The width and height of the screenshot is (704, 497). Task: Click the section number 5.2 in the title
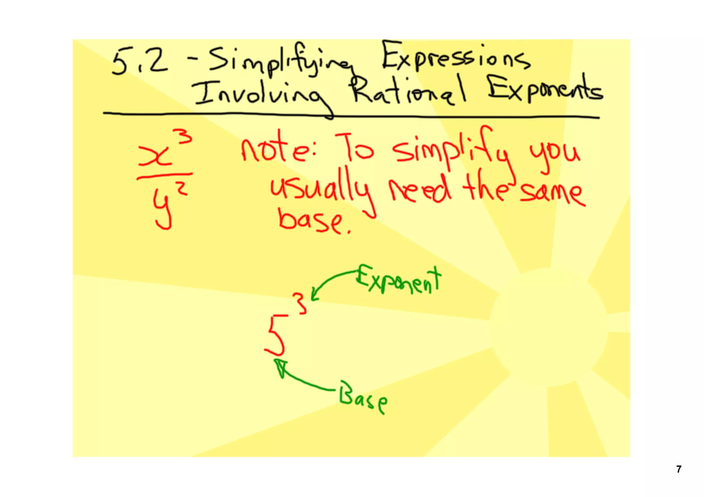(x=139, y=62)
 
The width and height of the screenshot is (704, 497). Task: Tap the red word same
(x=552, y=194)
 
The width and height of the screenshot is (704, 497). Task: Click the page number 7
(x=679, y=469)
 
